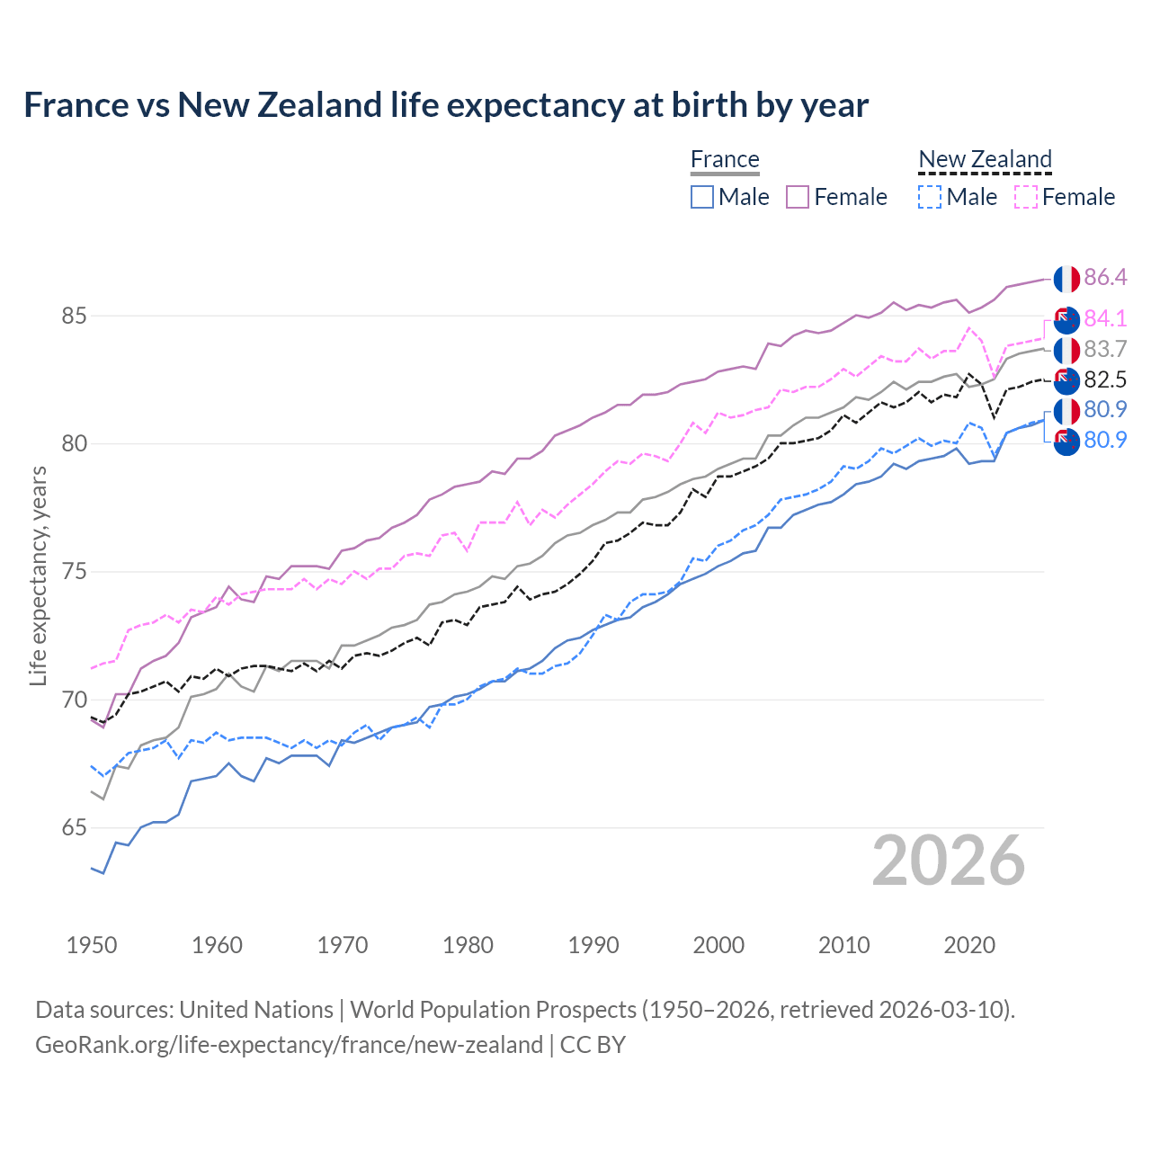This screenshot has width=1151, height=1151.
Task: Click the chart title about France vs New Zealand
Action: point(446,105)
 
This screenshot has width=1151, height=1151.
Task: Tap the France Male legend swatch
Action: point(702,197)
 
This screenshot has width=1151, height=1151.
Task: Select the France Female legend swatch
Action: point(798,197)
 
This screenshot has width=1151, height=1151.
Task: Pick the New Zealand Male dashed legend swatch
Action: point(930,197)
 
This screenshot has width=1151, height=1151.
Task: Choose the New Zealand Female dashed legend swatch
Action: point(1026,197)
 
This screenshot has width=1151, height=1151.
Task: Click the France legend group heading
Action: point(725,159)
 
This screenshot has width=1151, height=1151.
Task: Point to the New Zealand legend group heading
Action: point(985,159)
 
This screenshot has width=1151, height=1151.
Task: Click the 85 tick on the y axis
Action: point(74,317)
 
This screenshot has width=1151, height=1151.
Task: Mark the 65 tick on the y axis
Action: point(74,828)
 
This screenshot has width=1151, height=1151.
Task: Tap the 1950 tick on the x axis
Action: point(92,945)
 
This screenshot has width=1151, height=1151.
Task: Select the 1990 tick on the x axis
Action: point(593,945)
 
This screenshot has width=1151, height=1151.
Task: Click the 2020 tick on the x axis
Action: point(969,945)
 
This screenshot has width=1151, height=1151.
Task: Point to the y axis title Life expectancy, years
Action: point(38,575)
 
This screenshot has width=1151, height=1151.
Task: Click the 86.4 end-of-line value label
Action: point(1105,277)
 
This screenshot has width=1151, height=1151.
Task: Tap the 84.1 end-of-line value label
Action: point(1105,318)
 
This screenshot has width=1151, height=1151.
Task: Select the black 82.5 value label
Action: point(1105,379)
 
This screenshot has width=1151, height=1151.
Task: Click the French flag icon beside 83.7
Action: point(1066,350)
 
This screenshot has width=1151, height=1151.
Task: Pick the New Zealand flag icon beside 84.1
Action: point(1066,319)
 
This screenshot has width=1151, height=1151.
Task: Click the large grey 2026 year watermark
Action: point(948,861)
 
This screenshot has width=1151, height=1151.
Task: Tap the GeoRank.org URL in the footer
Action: point(289,1045)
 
